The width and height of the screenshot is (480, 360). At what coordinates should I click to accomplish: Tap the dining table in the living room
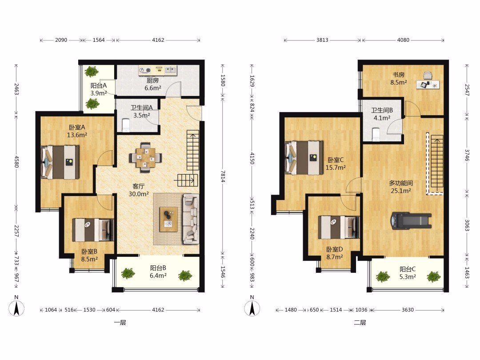[145, 158]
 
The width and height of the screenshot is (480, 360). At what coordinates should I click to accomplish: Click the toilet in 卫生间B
[376, 134]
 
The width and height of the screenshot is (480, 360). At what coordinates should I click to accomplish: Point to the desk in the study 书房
[428, 84]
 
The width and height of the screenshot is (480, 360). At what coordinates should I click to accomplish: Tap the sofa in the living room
[191, 219]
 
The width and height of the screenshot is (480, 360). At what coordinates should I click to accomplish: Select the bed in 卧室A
[60, 162]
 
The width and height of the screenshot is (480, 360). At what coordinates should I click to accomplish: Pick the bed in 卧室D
[339, 228]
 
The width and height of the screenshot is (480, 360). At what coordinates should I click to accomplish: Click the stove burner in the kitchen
[145, 71]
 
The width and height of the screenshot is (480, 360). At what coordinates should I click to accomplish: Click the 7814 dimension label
[223, 176]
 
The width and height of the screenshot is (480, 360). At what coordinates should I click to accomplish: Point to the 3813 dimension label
[322, 40]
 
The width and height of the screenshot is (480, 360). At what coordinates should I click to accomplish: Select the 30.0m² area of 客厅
[139, 194]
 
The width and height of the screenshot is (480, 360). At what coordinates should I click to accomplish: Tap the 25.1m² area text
[401, 191]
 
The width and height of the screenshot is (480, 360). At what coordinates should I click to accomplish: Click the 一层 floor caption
[120, 322]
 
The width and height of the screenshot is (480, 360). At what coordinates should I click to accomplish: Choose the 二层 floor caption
[360, 322]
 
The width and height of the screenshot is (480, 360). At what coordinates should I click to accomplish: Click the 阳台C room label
[408, 269]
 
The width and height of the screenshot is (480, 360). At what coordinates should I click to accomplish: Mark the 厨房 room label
[152, 80]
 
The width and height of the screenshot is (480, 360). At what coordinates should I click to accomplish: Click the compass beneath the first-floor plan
[16, 308]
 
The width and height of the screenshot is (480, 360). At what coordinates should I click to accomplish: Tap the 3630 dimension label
[408, 310]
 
